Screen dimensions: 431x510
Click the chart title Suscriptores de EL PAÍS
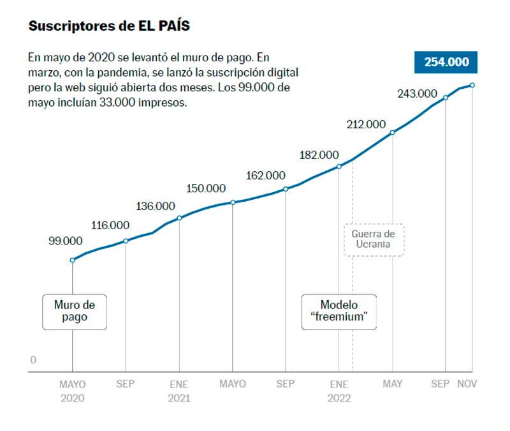(109, 27)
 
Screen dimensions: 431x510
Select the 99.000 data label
(66, 241)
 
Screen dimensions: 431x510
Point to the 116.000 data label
(110, 225)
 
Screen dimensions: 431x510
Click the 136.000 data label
(156, 206)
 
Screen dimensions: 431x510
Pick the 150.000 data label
(206, 188)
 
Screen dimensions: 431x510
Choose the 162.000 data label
(265, 175)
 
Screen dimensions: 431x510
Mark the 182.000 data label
(319, 155)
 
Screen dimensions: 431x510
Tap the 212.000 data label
(366, 124)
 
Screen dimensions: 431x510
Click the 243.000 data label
(417, 94)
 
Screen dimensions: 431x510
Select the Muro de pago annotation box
(75, 312)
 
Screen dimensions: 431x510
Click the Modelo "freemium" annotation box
(339, 312)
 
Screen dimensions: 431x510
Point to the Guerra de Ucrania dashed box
(374, 239)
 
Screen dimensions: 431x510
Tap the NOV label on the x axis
(467, 384)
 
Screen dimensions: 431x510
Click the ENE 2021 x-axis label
(179, 391)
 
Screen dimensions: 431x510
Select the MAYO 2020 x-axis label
(72, 391)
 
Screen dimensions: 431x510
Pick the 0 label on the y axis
(33, 360)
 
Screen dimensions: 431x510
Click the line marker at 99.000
(73, 260)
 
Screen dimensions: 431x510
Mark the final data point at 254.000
(472, 85)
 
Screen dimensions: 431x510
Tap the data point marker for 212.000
(392, 133)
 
